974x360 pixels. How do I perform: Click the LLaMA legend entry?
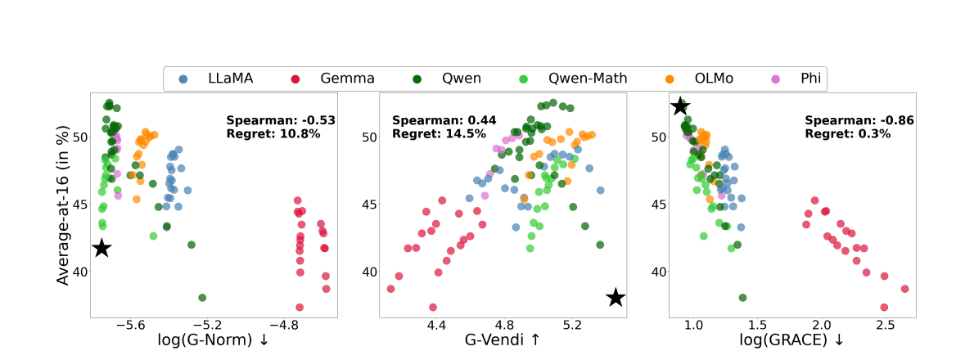click(x=219, y=79)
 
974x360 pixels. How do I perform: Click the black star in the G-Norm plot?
click(x=101, y=248)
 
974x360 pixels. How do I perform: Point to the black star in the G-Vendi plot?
click(x=616, y=298)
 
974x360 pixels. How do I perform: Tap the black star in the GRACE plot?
click(x=680, y=106)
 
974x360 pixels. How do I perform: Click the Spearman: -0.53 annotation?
click(x=281, y=120)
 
